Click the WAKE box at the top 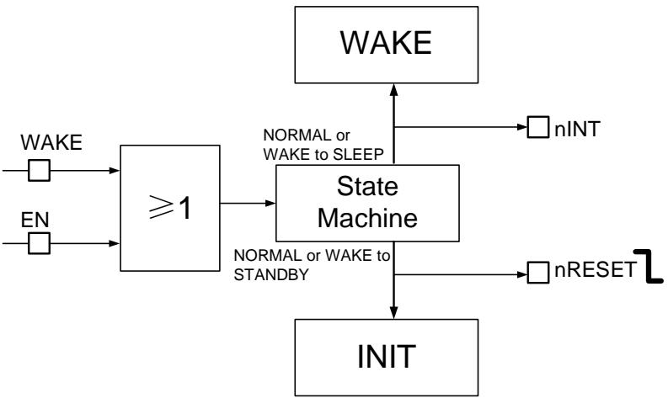(x=387, y=45)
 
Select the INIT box (x=387, y=358)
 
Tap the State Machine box (x=367, y=203)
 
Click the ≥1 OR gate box (x=170, y=208)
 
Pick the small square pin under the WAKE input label (x=40, y=170)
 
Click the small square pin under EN (x=40, y=243)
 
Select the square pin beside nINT (x=538, y=127)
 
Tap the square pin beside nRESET (x=538, y=273)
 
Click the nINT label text (x=577, y=129)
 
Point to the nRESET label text (x=596, y=269)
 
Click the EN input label (x=35, y=220)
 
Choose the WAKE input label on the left (x=51, y=142)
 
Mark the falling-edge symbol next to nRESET (x=649, y=266)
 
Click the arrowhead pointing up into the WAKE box (x=393, y=89)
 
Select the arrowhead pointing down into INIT (x=393, y=313)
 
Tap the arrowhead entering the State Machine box (x=270, y=203)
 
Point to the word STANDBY (x=271, y=274)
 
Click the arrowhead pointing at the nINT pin (x=522, y=127)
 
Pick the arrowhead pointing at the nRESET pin (x=522, y=274)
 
